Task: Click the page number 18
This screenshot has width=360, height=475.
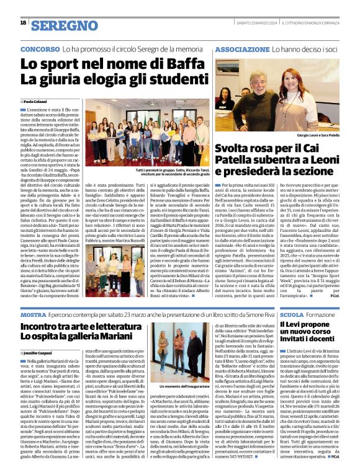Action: (24, 23)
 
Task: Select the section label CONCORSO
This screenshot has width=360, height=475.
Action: (40, 48)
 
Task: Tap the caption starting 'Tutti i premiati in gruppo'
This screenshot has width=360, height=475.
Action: (139, 174)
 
